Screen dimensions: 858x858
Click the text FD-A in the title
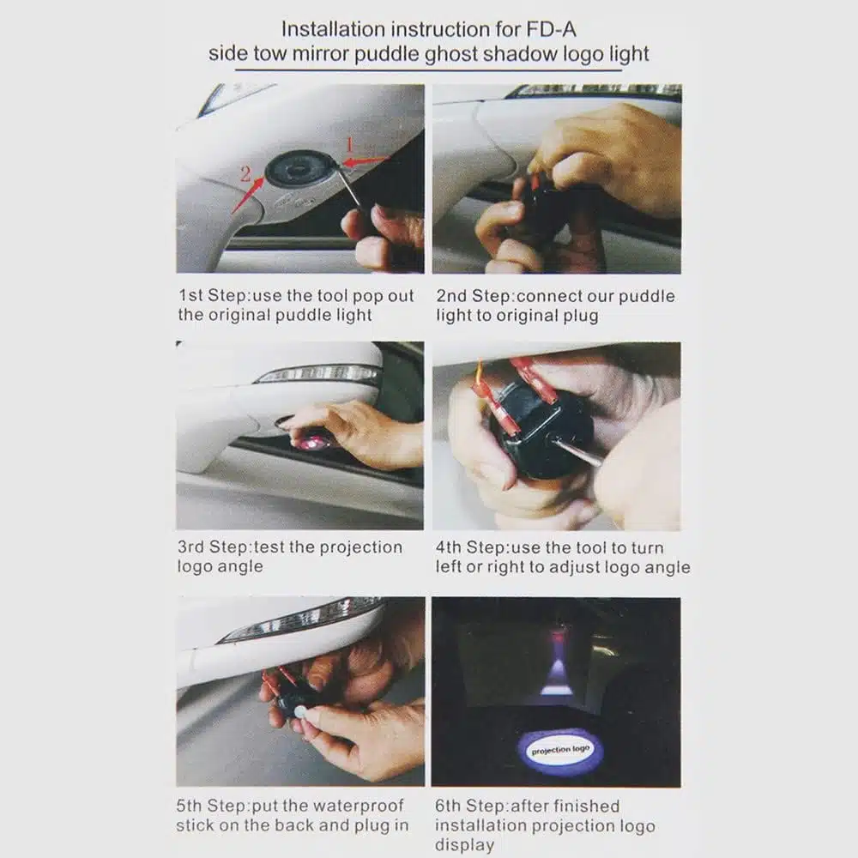pyautogui.click(x=551, y=29)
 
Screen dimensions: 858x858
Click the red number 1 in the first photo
pyautogui.click(x=350, y=145)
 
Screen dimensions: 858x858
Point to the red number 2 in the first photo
pyautogui.click(x=245, y=174)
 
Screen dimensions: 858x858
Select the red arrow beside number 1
pyautogui.click(x=366, y=161)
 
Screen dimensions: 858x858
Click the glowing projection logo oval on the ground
pyautogui.click(x=560, y=750)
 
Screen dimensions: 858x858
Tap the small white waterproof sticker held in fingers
pyautogui.click(x=300, y=712)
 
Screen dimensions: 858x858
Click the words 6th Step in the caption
pyautogui.click(x=470, y=806)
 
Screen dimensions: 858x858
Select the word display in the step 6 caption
pyautogui.click(x=464, y=845)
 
